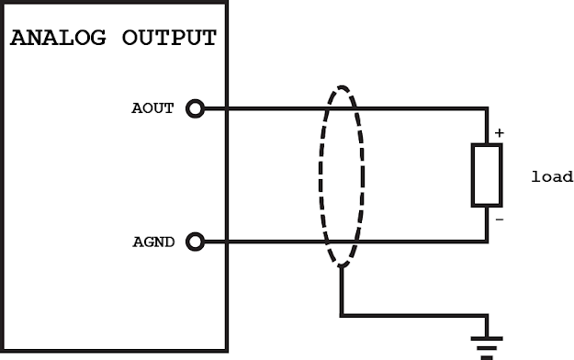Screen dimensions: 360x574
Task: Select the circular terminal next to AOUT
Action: (x=194, y=109)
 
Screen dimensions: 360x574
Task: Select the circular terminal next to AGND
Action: (x=194, y=242)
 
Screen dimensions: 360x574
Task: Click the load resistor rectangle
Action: (x=487, y=174)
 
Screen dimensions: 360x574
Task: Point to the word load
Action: (x=551, y=177)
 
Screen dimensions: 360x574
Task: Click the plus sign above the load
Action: (x=500, y=133)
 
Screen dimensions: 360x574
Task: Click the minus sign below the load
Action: (x=500, y=219)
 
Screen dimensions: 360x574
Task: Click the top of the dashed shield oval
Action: (x=341, y=87)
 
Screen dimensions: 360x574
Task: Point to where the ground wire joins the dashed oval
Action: (x=341, y=265)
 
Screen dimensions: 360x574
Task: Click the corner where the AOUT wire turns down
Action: (x=487, y=109)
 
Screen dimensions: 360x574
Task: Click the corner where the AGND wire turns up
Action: (x=487, y=242)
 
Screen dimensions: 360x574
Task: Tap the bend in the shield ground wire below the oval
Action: (x=341, y=315)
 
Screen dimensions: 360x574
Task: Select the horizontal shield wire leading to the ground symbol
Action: (x=413, y=315)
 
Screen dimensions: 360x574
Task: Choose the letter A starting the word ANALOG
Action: (x=17, y=39)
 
